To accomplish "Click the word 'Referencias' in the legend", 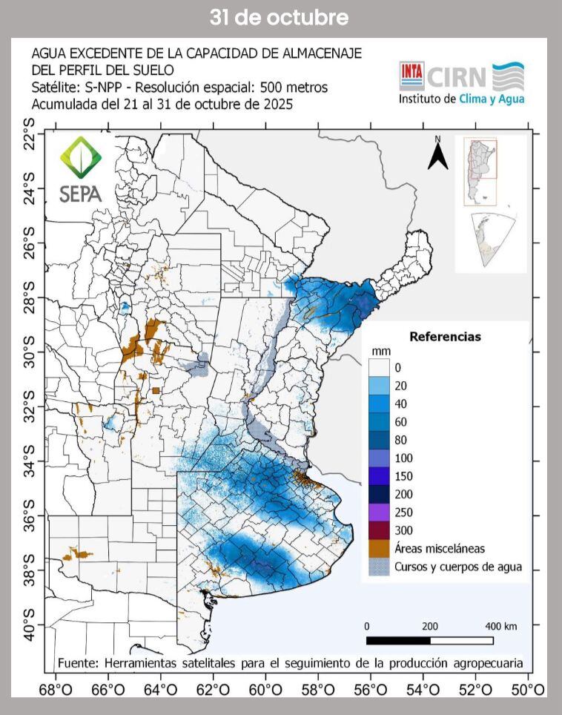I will tap(445, 337).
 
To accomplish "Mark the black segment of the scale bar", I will tap(398, 640).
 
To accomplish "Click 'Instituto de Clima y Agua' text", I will tap(461, 98).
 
